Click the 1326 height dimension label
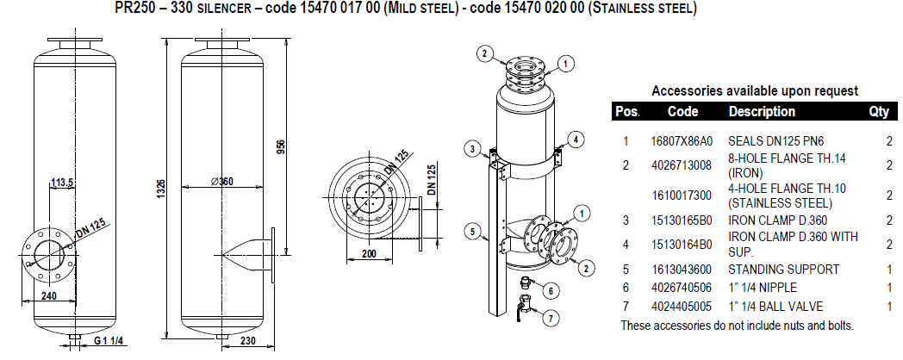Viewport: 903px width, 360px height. coord(162,188)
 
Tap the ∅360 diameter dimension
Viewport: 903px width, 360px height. coord(221,182)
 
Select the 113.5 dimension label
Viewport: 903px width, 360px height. coord(62,183)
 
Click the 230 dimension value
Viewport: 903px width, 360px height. coord(247,340)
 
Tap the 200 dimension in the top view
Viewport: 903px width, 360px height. coord(369,254)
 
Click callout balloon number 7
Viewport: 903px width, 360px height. coord(551,319)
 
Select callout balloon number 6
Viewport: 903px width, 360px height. coord(550,291)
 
